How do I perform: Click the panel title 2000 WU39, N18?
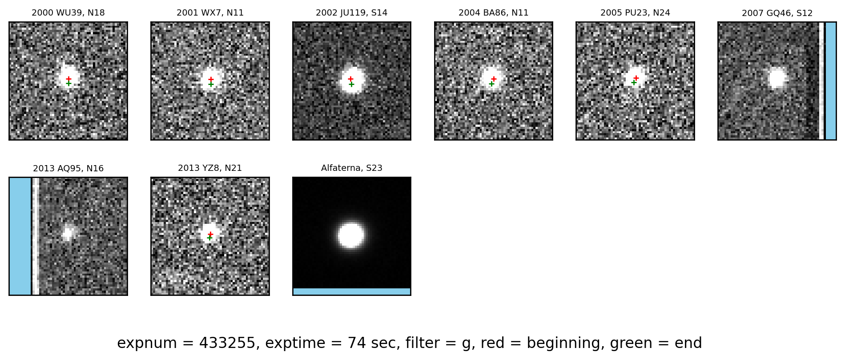click(x=68, y=13)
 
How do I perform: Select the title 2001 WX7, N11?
click(x=210, y=13)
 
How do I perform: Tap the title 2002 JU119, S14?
click(x=351, y=13)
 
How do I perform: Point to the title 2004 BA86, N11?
click(x=493, y=13)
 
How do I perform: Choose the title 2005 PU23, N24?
click(x=635, y=13)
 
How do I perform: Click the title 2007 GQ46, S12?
click(x=777, y=13)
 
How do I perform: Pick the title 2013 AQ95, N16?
click(x=68, y=169)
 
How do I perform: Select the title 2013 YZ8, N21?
click(x=210, y=168)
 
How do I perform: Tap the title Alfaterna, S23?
click(x=351, y=168)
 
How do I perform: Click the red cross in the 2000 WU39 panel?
click(x=68, y=79)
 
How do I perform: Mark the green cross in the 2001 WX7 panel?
click(x=211, y=84)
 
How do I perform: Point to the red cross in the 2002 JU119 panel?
click(x=350, y=79)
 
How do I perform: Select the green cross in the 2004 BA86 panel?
click(x=491, y=84)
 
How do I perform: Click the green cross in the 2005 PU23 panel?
click(x=634, y=82)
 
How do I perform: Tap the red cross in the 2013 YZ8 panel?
click(x=210, y=234)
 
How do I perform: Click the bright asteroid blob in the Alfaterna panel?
click(x=351, y=235)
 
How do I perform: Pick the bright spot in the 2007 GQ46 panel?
click(x=777, y=78)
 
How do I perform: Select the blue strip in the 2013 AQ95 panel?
click(x=20, y=236)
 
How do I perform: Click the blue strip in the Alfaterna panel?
click(x=351, y=291)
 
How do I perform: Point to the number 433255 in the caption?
click(x=227, y=343)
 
